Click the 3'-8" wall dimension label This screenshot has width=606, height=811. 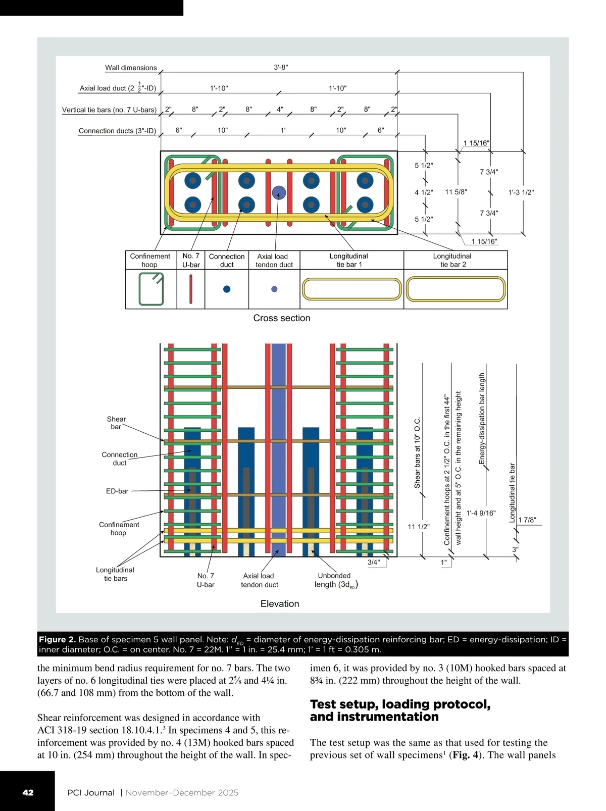281,67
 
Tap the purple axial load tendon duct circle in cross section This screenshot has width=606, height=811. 279,192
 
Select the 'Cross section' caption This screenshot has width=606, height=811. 282,318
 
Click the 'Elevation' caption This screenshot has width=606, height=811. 280,603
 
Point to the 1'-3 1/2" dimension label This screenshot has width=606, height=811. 521,192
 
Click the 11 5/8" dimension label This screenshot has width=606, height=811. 456,192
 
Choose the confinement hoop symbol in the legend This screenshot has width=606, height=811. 151,289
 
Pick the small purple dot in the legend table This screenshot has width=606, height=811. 274,289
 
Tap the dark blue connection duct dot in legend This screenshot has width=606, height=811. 227,289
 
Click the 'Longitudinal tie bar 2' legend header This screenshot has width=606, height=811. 452,260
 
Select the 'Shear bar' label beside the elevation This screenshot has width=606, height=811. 116,423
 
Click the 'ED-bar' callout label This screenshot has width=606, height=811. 117,491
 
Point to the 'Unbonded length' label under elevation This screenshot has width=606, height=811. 335,580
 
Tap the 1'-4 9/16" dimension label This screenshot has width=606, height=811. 481,513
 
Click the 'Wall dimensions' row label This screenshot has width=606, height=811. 131,68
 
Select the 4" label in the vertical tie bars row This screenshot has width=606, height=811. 280,109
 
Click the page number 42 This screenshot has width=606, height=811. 28,792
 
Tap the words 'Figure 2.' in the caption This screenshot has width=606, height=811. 57,639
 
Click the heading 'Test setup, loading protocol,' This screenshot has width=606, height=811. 400,704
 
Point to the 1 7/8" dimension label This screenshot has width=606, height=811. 527,520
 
